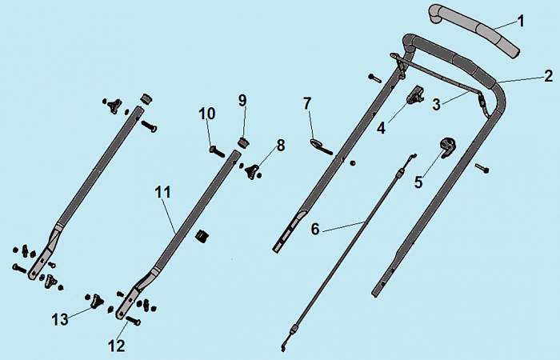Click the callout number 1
(x=521, y=21)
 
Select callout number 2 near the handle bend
(x=548, y=77)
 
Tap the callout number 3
(x=437, y=104)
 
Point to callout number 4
(x=382, y=127)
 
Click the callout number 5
(x=418, y=182)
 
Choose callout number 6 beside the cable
(x=315, y=229)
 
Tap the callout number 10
(x=207, y=114)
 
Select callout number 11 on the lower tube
(x=163, y=193)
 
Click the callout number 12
(x=117, y=345)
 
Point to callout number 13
(x=60, y=319)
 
